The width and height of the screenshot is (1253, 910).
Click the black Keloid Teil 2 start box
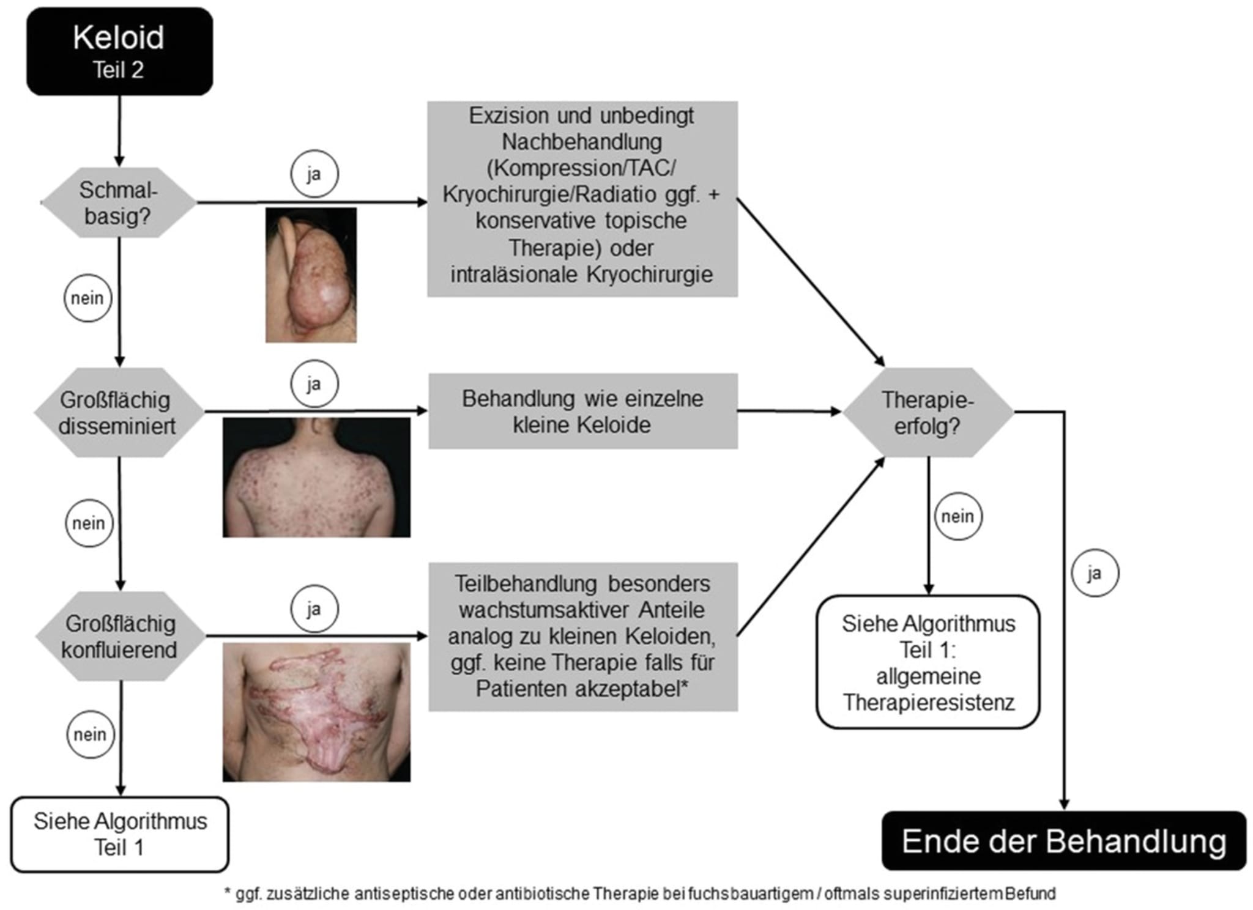(119, 51)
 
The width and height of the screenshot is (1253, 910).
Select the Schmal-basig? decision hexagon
(119, 202)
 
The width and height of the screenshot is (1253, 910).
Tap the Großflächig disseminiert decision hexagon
(118, 412)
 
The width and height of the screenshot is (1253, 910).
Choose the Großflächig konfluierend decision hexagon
(120, 636)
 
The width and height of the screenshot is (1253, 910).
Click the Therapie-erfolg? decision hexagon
(928, 412)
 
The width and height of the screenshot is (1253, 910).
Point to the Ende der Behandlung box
(1063, 841)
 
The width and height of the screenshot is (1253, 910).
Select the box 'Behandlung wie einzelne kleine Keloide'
(582, 412)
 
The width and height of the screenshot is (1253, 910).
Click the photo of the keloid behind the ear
(311, 275)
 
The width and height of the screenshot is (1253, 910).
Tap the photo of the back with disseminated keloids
(316, 477)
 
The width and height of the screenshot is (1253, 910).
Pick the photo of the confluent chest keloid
(316, 712)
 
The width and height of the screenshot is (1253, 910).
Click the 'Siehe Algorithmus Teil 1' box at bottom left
(120, 834)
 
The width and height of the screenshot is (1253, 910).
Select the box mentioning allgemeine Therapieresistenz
(928, 662)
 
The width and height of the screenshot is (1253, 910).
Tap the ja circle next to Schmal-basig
(314, 174)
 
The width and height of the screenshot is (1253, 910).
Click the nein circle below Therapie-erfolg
(957, 517)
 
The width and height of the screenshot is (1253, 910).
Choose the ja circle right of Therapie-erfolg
(1095, 573)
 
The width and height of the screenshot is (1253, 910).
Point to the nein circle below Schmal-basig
(87, 298)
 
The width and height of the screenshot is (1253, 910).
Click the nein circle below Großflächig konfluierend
(90, 734)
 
